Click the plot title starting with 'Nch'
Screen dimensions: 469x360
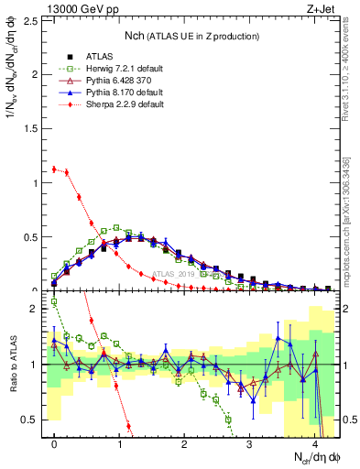tap(191, 35)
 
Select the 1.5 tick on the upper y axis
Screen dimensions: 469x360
tap(33, 128)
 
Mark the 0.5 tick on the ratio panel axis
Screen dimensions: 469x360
tap(33, 420)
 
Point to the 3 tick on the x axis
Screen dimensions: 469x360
tap(250, 444)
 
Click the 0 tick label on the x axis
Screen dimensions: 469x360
tap(54, 444)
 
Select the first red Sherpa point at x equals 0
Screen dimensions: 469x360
tap(54, 169)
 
